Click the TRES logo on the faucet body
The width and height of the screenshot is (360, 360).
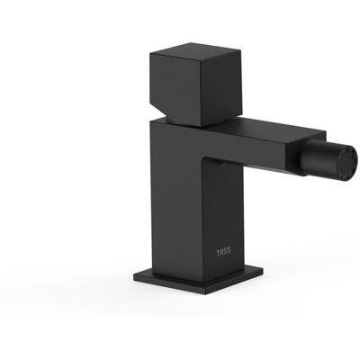pyautogui.click(x=224, y=252)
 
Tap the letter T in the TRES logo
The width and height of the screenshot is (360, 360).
pyautogui.click(x=219, y=252)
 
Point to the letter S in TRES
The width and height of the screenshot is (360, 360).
pyautogui.click(x=229, y=252)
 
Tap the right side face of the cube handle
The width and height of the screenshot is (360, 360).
pyautogui.click(x=220, y=88)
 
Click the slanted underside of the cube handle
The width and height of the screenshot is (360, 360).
pyautogui.click(x=161, y=112)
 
